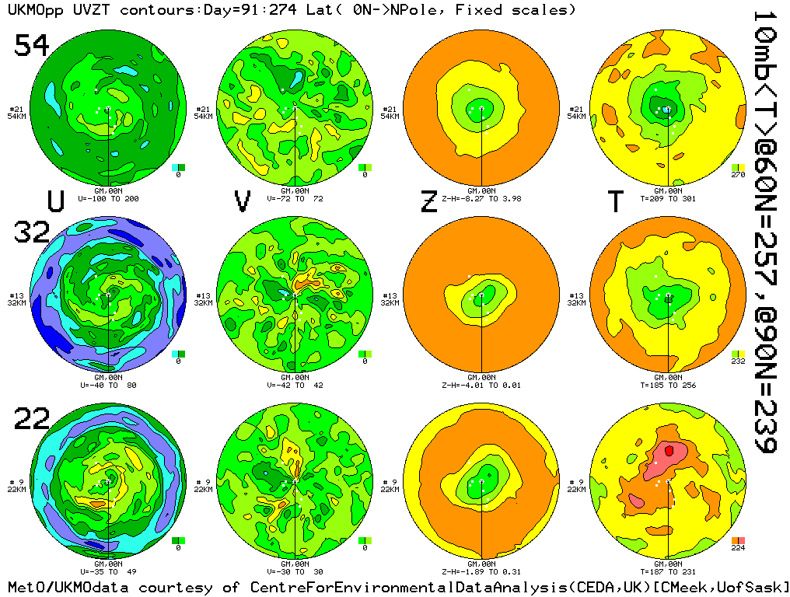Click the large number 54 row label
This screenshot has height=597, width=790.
32,46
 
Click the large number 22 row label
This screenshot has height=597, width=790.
32,421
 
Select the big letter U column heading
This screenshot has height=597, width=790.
55,201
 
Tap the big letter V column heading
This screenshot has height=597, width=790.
243,201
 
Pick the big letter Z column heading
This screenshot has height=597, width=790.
429,201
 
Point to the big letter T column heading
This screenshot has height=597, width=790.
616,201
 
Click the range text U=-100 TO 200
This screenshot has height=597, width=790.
108,198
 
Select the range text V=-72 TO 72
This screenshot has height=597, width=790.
295,198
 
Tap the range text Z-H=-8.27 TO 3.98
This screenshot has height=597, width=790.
482,198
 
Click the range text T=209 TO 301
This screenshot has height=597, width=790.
669,198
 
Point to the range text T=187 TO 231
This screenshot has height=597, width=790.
669,572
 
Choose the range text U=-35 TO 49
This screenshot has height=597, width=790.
108,572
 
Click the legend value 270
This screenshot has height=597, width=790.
738,175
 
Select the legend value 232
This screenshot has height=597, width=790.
738,361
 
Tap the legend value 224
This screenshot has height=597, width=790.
738,548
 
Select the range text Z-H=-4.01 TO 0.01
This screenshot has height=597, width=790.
482,385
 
